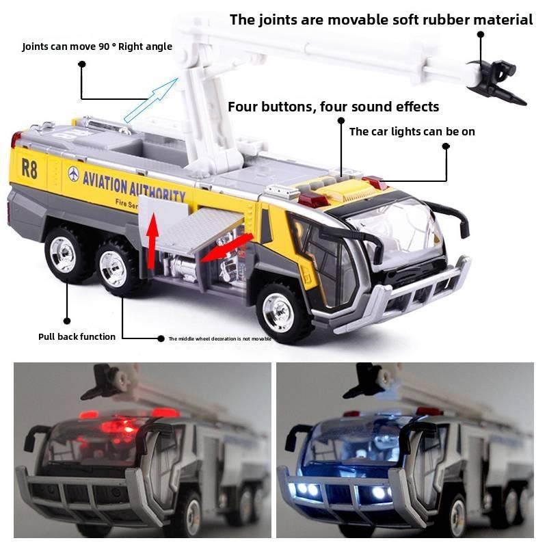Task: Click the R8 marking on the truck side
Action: coord(29,168)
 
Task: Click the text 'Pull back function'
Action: coord(77,336)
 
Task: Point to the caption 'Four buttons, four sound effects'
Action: coord(333,107)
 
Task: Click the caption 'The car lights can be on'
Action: coord(412,131)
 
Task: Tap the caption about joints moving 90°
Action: coord(97,46)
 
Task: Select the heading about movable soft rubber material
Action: coord(381,19)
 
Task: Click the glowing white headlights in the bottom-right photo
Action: coord(342,491)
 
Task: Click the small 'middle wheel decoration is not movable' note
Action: coord(220,338)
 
